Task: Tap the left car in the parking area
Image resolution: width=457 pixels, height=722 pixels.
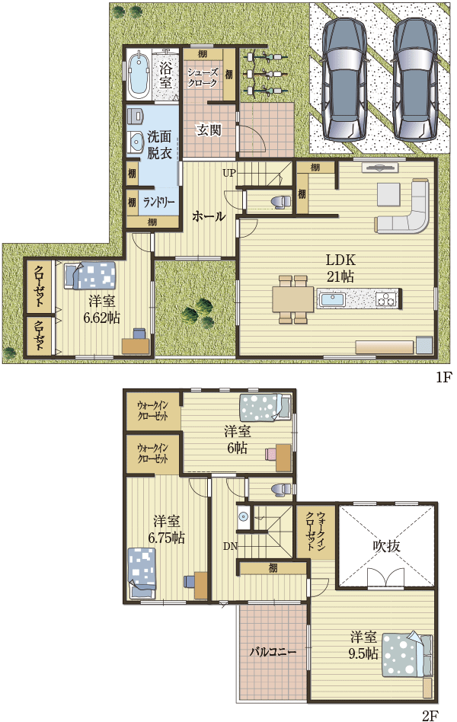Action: [x=344, y=78]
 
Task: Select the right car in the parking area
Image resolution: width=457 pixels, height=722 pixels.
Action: [x=414, y=78]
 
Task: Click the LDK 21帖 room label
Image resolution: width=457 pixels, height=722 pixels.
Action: [x=340, y=268]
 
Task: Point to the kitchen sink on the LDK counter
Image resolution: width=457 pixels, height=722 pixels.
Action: [x=331, y=299]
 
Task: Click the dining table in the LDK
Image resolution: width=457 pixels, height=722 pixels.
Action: [x=293, y=299]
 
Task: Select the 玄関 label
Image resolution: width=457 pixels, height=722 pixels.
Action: [x=209, y=129]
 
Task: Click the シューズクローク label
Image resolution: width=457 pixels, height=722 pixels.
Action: [x=203, y=78]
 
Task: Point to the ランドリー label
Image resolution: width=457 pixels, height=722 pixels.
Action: [x=158, y=202]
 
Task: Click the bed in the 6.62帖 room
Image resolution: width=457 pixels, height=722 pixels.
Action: [x=91, y=276]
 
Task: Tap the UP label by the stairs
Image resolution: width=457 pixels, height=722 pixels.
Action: [x=229, y=173]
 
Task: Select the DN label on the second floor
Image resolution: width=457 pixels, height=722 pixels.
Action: [x=230, y=546]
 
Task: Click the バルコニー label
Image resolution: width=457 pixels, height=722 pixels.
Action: [x=273, y=652]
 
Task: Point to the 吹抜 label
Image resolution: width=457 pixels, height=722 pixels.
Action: [x=386, y=546]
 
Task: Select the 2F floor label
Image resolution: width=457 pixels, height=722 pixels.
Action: [x=430, y=715]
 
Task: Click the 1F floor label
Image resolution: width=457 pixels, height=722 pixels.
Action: [x=444, y=377]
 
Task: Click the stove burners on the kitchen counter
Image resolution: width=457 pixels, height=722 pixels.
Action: [x=386, y=299]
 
